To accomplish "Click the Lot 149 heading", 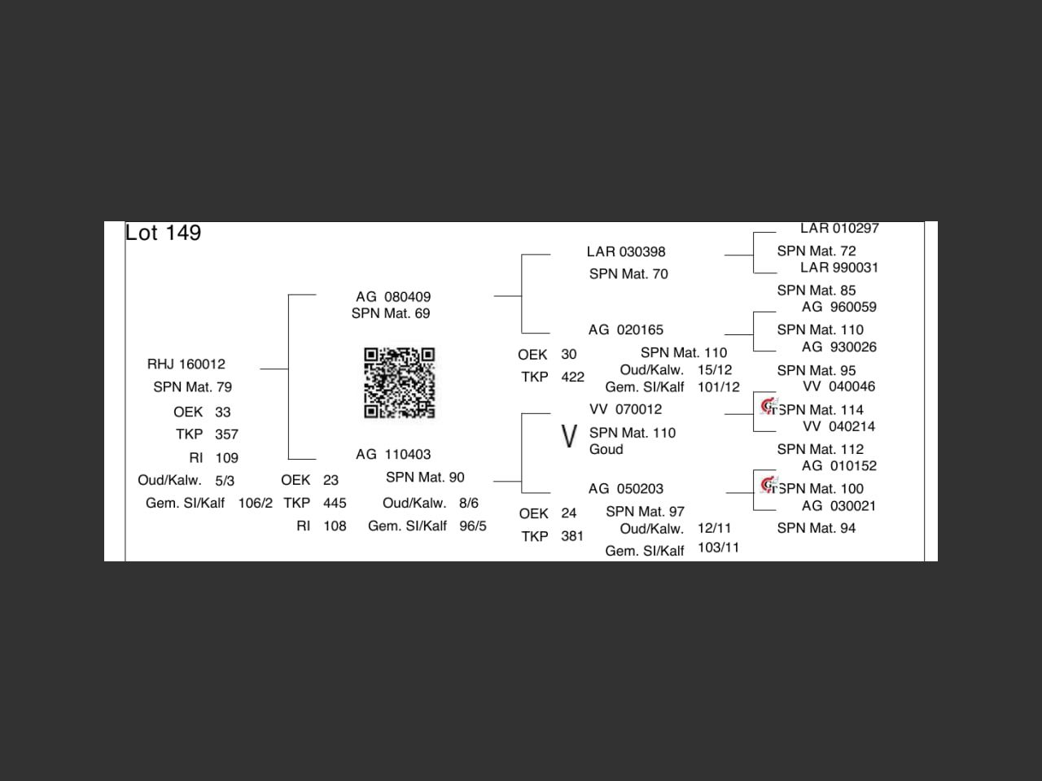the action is tap(163, 233).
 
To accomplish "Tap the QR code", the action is tap(399, 382).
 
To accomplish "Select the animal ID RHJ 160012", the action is tap(186, 364).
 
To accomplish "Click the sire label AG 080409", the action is tap(393, 297).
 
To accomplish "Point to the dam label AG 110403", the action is tap(393, 454).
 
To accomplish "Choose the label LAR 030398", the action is tap(626, 252).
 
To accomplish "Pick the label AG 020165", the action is tap(626, 329).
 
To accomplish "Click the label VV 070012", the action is tap(625, 409).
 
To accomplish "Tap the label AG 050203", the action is tap(626, 488).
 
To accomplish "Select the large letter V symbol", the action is tap(569, 436).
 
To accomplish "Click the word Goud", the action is tap(606, 449).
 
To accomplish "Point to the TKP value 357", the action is tap(226, 434).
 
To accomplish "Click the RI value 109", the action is tap(226, 458).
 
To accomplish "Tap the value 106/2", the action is tap(256, 503).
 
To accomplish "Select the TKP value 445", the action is tap(335, 503).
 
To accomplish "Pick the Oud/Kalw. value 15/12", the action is tap(715, 370).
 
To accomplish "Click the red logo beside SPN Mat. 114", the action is tap(769, 407).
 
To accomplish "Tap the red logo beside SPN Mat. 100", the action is tap(769, 485).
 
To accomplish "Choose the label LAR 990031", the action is tap(838, 268).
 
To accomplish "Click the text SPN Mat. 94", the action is tap(816, 528).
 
